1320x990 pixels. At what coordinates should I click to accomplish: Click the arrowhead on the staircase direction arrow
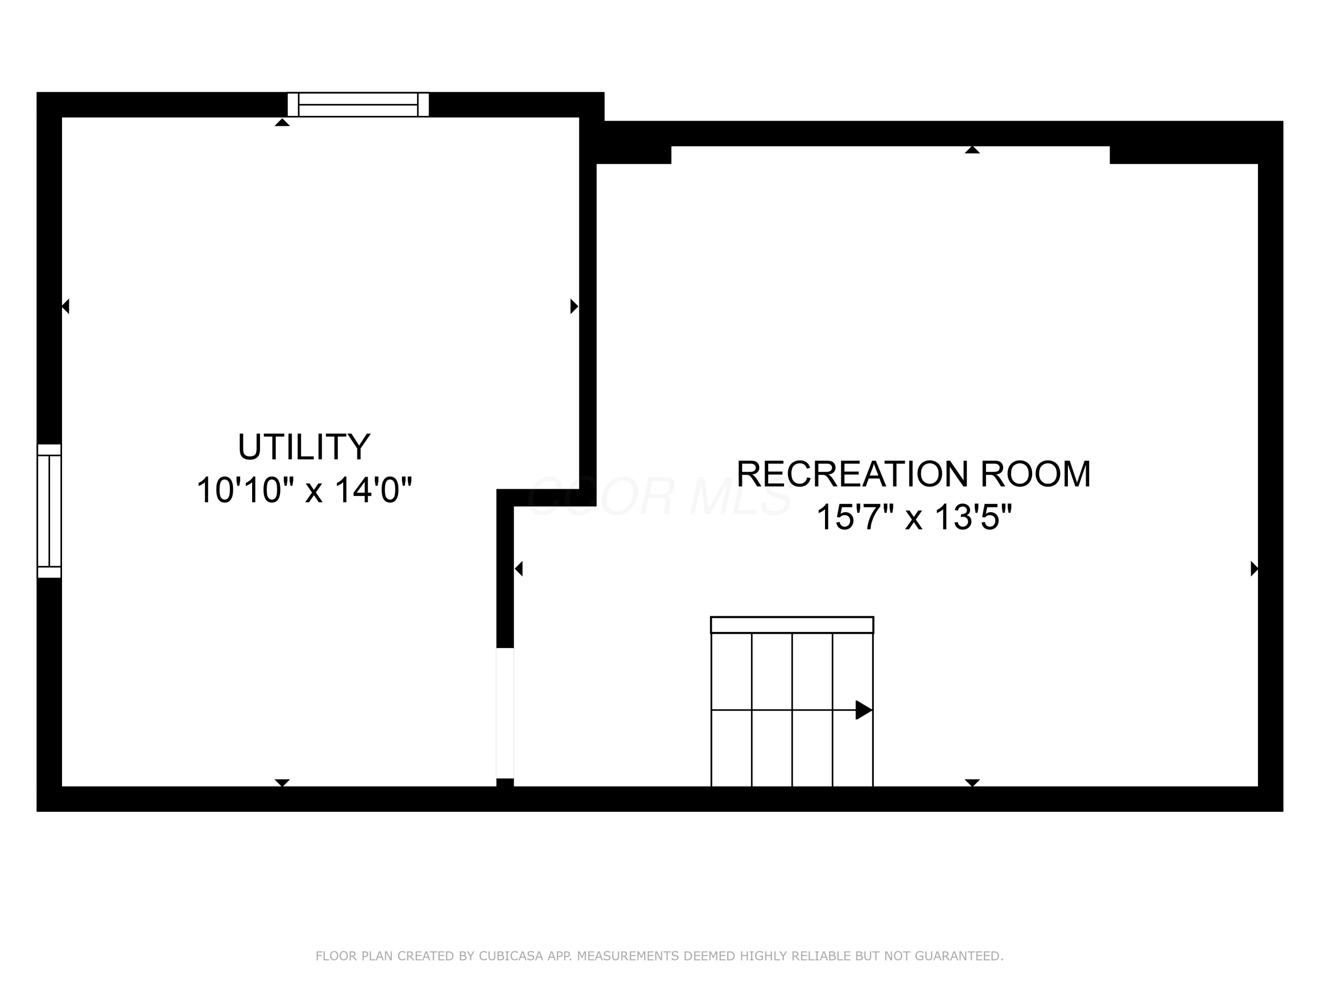[x=863, y=710]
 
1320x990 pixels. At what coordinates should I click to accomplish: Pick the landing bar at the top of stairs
[x=792, y=625]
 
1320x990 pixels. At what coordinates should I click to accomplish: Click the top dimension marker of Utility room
[x=282, y=122]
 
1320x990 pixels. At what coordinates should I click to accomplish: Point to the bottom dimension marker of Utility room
[x=282, y=782]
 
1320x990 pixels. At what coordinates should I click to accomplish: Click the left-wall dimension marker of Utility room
[x=66, y=306]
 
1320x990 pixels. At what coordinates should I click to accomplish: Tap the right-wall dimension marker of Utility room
[x=574, y=306]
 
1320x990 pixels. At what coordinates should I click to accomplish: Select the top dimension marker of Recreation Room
[x=972, y=150]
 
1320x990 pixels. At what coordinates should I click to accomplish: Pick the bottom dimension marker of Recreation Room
[x=972, y=782]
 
